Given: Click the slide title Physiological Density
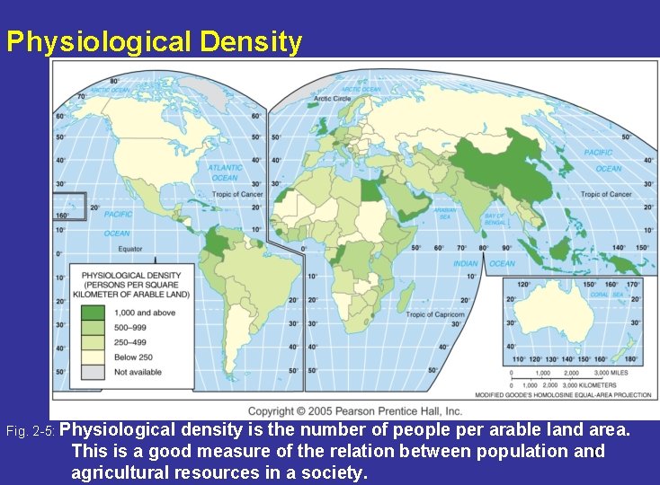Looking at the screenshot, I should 154,42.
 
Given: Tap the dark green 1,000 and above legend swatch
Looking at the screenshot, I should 94,313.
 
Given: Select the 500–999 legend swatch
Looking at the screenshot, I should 94,328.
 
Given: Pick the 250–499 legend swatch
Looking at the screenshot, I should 94,342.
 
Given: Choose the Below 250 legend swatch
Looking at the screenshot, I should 94,357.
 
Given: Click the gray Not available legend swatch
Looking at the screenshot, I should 94,372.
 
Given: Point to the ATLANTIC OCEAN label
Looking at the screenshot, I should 225,172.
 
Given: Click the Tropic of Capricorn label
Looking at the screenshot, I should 435,315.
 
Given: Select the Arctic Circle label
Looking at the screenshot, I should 332,98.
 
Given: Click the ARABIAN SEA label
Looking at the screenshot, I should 446,213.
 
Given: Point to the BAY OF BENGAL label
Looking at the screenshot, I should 495,218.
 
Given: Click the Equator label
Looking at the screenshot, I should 129,249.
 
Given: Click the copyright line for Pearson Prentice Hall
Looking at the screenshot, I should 354,410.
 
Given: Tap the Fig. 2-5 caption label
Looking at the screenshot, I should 34,432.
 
